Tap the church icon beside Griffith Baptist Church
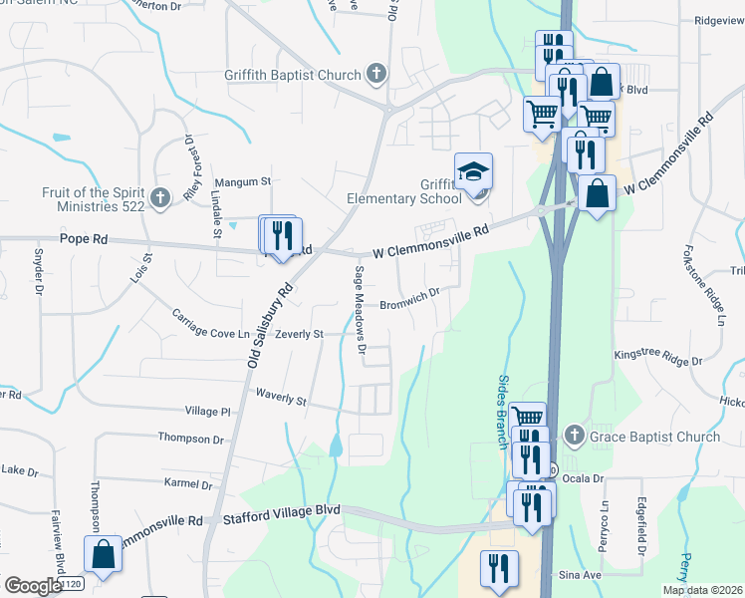376,74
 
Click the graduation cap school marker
474,171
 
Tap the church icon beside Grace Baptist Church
573,436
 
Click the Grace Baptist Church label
654,437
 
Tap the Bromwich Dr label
409,300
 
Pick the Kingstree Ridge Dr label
658,355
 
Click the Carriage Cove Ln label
210,325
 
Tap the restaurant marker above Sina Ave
496,568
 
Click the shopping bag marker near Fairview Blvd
103,554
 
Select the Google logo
32,586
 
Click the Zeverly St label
300,335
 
